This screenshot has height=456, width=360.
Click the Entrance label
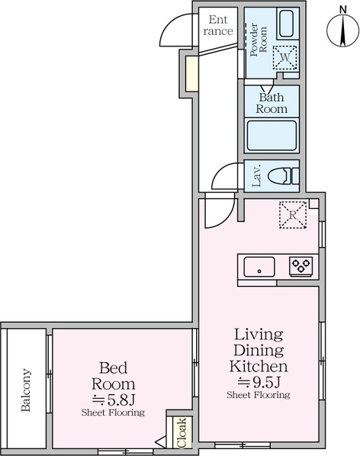click(218, 25)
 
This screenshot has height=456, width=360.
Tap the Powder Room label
click(259, 39)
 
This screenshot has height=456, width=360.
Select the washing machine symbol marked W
click(285, 57)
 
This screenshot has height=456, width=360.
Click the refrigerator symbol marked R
click(293, 215)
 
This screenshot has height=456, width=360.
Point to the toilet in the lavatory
click(283, 176)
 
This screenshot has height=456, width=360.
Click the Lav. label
click(257, 176)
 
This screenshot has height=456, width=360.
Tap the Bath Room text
click(272, 103)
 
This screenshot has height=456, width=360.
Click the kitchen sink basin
click(259, 267)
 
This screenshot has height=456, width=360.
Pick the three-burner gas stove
click(301, 266)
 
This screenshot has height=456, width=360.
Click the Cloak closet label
click(182, 432)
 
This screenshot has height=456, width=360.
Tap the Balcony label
click(26, 390)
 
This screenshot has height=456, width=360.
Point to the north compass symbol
click(343, 31)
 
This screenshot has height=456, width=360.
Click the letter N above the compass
click(343, 10)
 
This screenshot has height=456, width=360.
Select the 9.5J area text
click(259, 382)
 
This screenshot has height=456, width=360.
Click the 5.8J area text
click(114, 400)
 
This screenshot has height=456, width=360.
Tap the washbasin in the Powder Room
click(287, 24)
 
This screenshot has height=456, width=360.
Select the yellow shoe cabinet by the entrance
click(192, 73)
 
